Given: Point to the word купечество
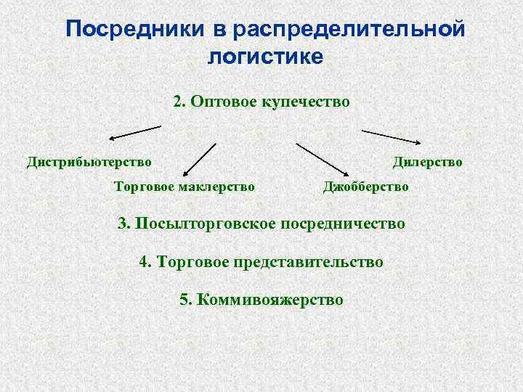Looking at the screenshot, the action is [307, 102].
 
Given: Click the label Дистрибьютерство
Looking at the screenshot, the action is [89, 161].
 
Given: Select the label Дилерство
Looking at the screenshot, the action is [428, 161].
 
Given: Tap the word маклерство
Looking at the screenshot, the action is [216, 187].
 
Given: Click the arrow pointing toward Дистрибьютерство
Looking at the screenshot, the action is [135, 132].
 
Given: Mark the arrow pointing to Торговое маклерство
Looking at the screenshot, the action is [199, 159].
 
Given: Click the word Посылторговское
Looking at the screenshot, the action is [204, 223].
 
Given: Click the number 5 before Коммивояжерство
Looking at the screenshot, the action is [182, 299].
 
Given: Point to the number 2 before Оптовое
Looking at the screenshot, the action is [178, 102].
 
